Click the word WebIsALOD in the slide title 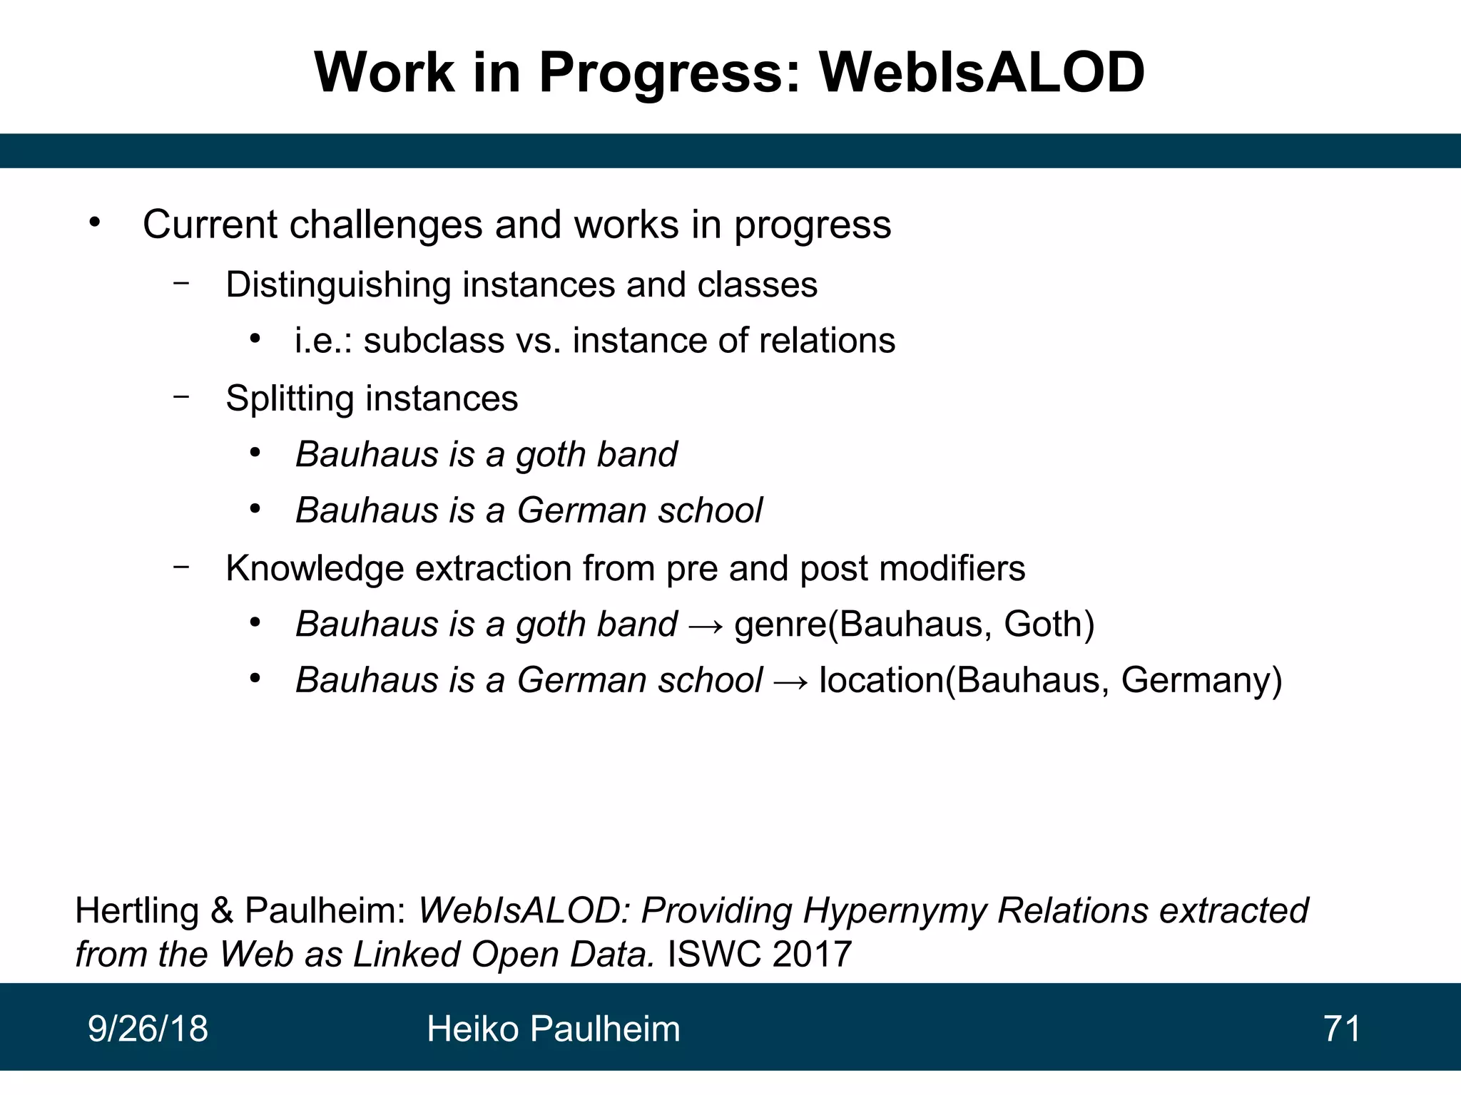(x=982, y=73)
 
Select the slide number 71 (x=1342, y=1029)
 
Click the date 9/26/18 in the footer (x=148, y=1029)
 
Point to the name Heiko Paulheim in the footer (x=554, y=1029)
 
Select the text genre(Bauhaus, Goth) (x=914, y=624)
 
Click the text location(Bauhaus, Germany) (x=1050, y=680)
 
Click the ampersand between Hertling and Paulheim (x=222, y=912)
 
